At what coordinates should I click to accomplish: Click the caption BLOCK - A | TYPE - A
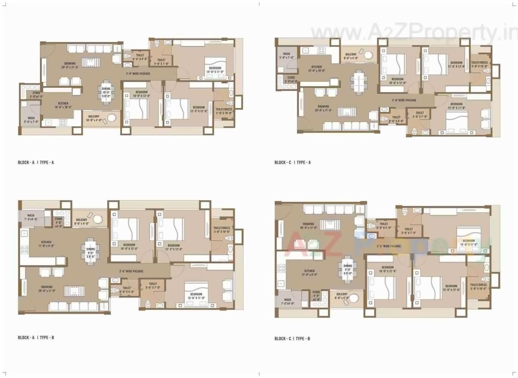(x=36, y=162)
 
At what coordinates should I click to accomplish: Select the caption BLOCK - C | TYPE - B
(x=292, y=338)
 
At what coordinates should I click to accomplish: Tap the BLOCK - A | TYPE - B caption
(x=36, y=337)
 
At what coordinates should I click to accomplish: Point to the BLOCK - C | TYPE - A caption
(x=292, y=162)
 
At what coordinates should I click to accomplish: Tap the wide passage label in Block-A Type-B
(x=131, y=271)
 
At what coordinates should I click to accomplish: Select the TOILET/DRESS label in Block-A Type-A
(x=223, y=111)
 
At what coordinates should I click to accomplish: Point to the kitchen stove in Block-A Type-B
(x=24, y=250)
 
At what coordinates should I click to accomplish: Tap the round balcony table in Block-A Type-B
(x=98, y=219)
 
